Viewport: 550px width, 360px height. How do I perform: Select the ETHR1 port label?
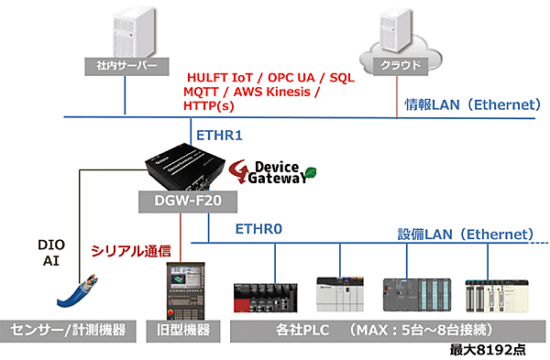click(x=221, y=136)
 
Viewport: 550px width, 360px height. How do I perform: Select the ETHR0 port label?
click(x=262, y=228)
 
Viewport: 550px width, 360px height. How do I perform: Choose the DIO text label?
click(x=51, y=245)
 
